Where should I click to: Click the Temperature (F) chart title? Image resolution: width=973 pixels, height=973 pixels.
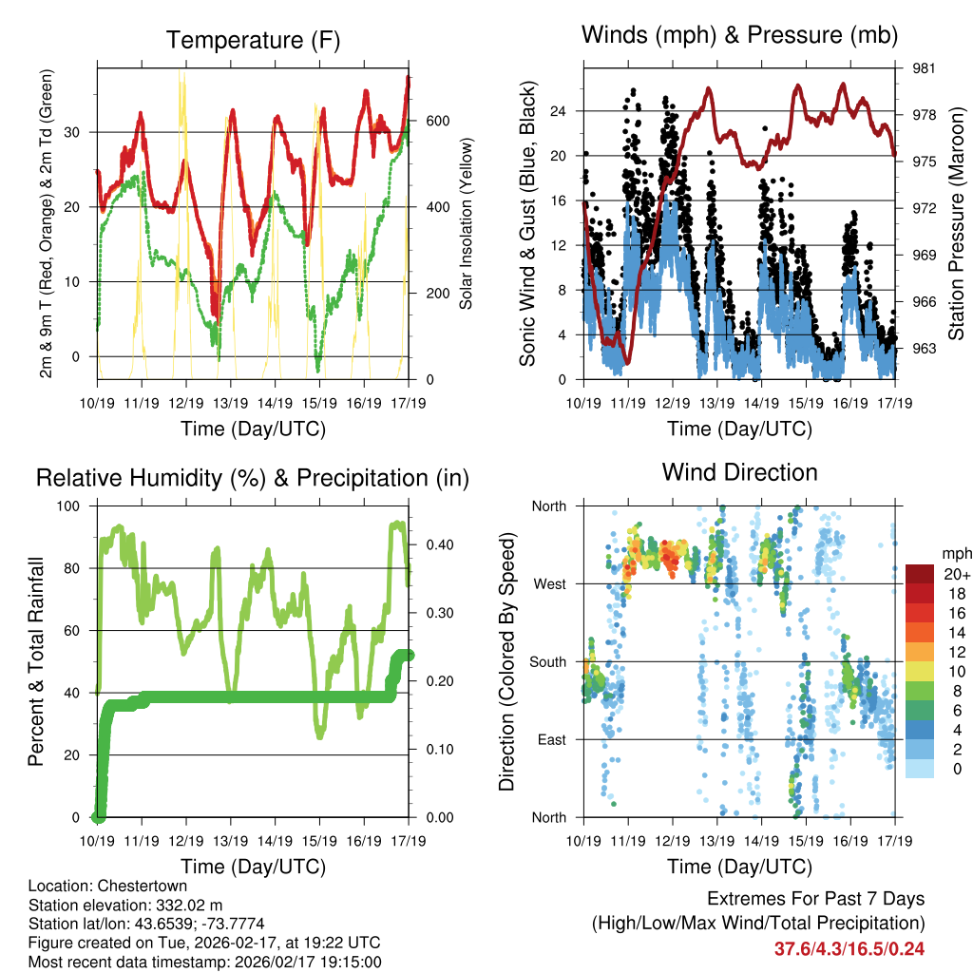253,41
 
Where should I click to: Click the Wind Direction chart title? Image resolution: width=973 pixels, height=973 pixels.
739,472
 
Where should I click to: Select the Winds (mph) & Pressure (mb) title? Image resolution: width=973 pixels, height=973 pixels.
739,36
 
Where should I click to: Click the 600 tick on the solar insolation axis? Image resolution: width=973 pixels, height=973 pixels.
436,122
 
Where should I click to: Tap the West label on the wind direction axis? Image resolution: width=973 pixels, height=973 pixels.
549,583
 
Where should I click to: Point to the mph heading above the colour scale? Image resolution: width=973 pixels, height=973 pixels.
954,554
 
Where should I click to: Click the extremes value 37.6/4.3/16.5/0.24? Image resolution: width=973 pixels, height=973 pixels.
849,948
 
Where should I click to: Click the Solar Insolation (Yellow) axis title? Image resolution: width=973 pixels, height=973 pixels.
467,223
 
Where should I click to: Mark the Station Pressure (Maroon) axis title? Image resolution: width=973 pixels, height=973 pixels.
956,223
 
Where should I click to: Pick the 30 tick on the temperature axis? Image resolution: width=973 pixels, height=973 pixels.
78,132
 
